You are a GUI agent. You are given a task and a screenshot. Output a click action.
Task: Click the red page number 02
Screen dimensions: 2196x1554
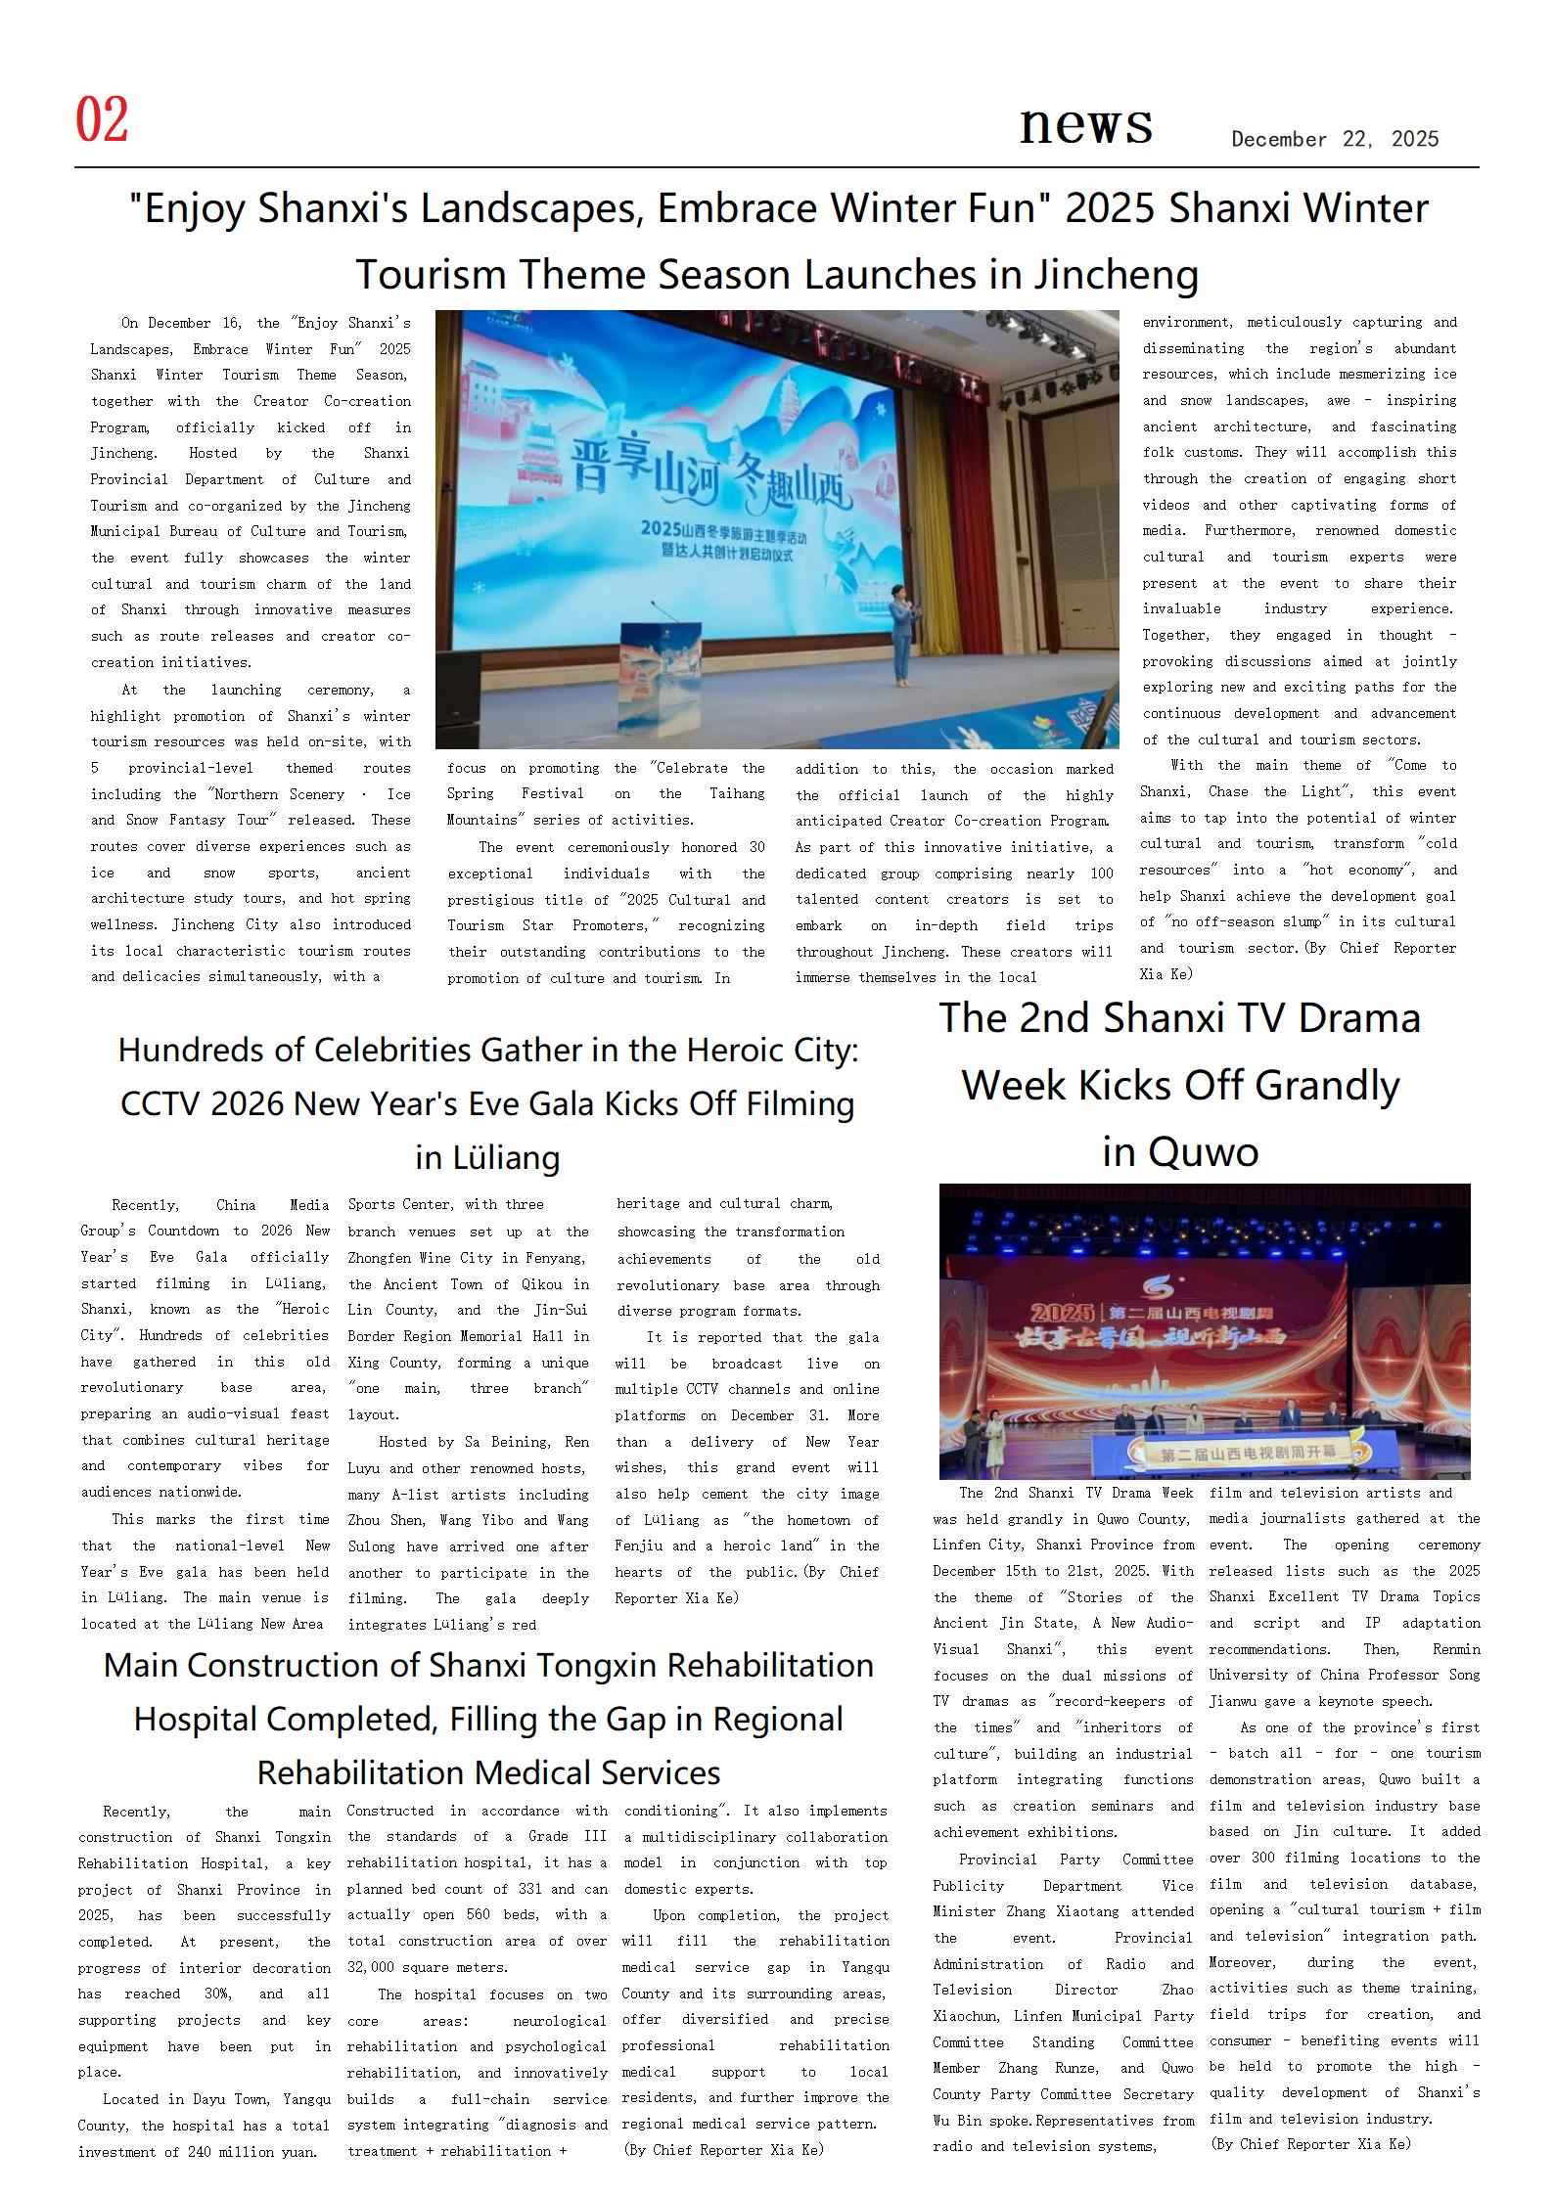(102, 120)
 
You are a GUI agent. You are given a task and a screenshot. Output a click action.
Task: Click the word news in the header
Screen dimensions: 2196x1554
(1085, 124)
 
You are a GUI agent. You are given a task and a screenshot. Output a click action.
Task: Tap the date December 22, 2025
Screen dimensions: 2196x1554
(1335, 139)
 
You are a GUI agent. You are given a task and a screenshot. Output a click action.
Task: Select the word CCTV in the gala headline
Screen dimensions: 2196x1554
(160, 1104)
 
